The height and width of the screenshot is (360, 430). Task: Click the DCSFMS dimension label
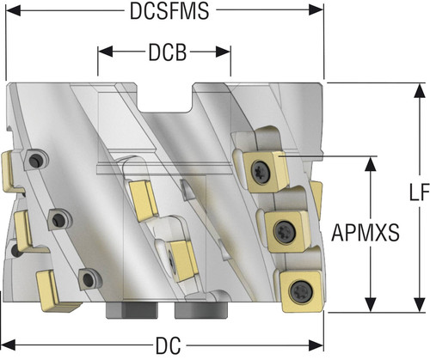(169, 11)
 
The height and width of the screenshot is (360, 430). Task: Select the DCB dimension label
(168, 52)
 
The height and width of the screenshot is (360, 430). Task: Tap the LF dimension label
(419, 192)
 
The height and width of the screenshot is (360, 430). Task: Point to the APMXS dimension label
(365, 233)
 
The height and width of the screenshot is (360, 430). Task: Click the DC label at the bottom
(169, 345)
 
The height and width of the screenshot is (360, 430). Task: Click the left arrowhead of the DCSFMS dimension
(13, 11)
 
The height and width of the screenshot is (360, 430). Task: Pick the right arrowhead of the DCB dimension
(224, 52)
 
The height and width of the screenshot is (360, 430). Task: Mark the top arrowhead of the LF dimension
(420, 91)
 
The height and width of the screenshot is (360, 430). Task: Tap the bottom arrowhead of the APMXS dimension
(371, 304)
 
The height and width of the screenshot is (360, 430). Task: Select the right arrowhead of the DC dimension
(316, 345)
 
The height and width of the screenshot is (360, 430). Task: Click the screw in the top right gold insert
(261, 172)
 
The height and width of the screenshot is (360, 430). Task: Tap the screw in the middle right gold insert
(285, 231)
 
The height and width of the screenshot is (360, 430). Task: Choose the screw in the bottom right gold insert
(301, 291)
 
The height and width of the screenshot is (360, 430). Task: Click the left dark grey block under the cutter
(132, 310)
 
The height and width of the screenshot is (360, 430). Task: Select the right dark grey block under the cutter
(201, 310)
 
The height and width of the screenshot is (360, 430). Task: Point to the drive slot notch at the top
(164, 97)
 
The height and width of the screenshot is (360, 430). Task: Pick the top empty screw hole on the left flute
(36, 160)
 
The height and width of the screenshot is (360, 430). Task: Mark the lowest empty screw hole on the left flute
(89, 280)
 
